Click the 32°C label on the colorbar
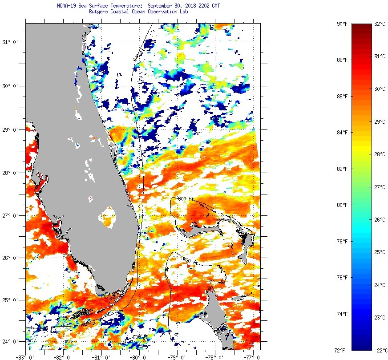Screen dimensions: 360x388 pos(379,24)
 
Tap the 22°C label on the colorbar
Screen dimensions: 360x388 pos(379,350)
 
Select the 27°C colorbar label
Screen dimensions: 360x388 pos(379,187)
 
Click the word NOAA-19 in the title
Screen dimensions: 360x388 pos(66,6)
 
